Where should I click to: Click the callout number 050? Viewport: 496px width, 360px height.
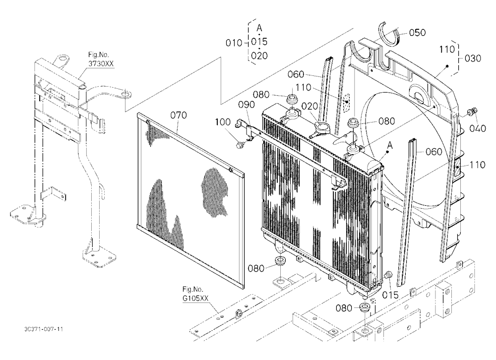[417, 33]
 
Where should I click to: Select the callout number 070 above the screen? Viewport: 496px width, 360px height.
[179, 115]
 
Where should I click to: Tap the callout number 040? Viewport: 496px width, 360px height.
[477, 128]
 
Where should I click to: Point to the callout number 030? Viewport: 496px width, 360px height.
[473, 58]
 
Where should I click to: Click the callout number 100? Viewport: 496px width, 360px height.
[223, 122]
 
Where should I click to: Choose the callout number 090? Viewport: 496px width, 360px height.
[247, 105]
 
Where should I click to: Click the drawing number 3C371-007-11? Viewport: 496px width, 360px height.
[44, 329]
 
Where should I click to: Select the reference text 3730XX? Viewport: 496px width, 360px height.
[101, 63]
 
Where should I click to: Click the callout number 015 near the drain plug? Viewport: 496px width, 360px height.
[390, 295]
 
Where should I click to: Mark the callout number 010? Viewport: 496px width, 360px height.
[234, 43]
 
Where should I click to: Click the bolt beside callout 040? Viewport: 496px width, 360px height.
[472, 112]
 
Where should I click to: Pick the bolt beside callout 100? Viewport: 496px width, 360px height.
[240, 145]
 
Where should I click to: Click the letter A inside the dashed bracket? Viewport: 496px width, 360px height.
[259, 28]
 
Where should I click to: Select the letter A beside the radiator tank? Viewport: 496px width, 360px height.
[390, 145]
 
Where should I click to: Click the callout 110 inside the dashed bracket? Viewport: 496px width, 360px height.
[447, 49]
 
